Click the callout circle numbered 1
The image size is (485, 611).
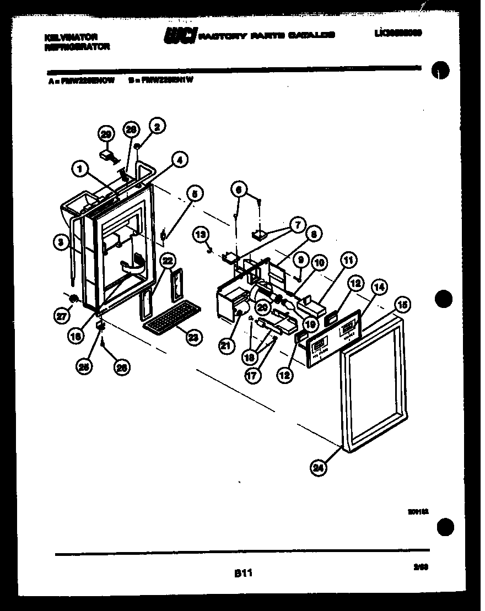(80, 170)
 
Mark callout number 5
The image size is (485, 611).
(194, 193)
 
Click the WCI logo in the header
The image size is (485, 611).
(180, 36)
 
